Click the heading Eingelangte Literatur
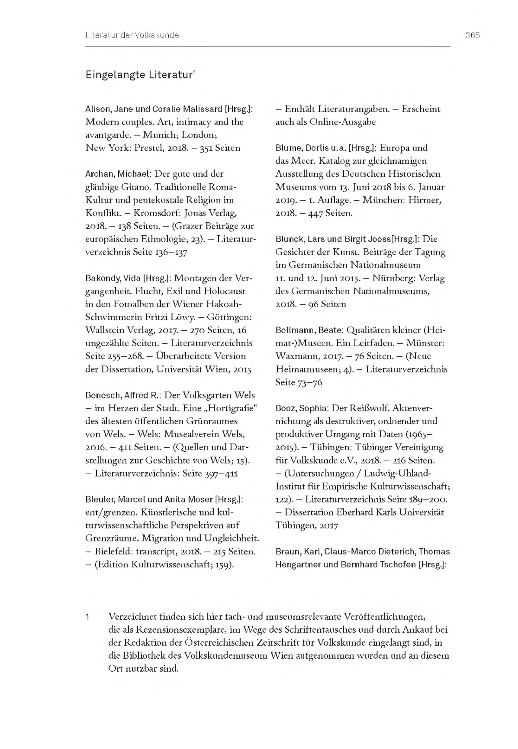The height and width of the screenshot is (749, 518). click(139, 75)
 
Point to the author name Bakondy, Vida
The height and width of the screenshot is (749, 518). click(113, 278)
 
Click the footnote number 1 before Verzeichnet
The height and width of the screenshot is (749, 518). click(87, 616)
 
